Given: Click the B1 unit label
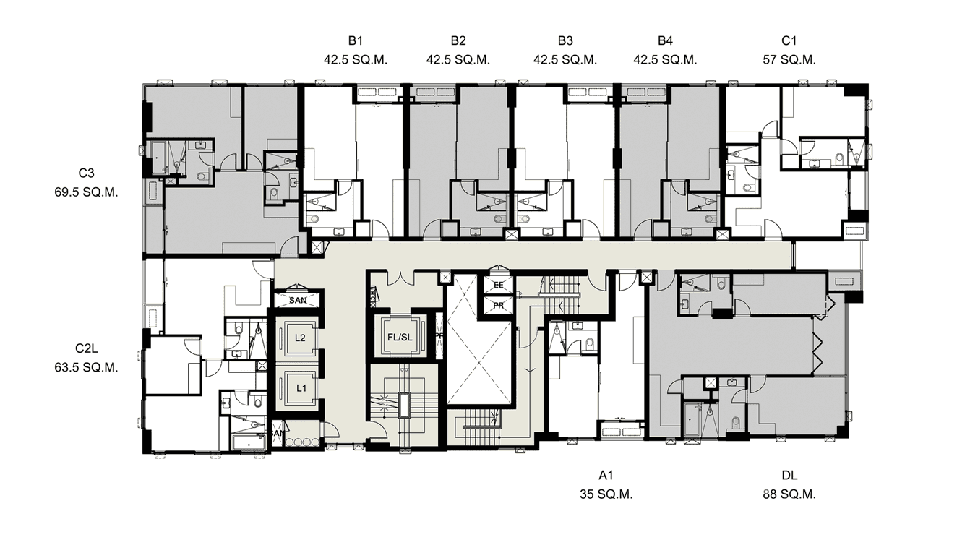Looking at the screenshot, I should pos(356,40).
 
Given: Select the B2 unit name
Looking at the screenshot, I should pos(458,40).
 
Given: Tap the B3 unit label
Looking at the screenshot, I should pos(565,40).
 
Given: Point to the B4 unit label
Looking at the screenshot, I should pos(665,40).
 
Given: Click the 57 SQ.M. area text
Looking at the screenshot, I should pos(789,60).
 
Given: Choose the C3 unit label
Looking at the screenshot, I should pos(87,173).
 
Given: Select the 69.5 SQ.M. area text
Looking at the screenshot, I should pos(87,193).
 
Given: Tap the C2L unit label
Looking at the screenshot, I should pos(87,348).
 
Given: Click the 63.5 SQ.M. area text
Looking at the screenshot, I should pos(87,367).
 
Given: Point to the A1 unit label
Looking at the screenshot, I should pos(606,476).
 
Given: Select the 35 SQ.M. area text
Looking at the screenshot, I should pos(606,495).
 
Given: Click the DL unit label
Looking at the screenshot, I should pos(789,476).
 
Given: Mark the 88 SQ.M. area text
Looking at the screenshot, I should pos(789,495).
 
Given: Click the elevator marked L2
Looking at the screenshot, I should pos(300,338).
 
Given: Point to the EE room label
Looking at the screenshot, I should pos(498,286).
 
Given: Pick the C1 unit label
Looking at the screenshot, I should pos(789,40).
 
